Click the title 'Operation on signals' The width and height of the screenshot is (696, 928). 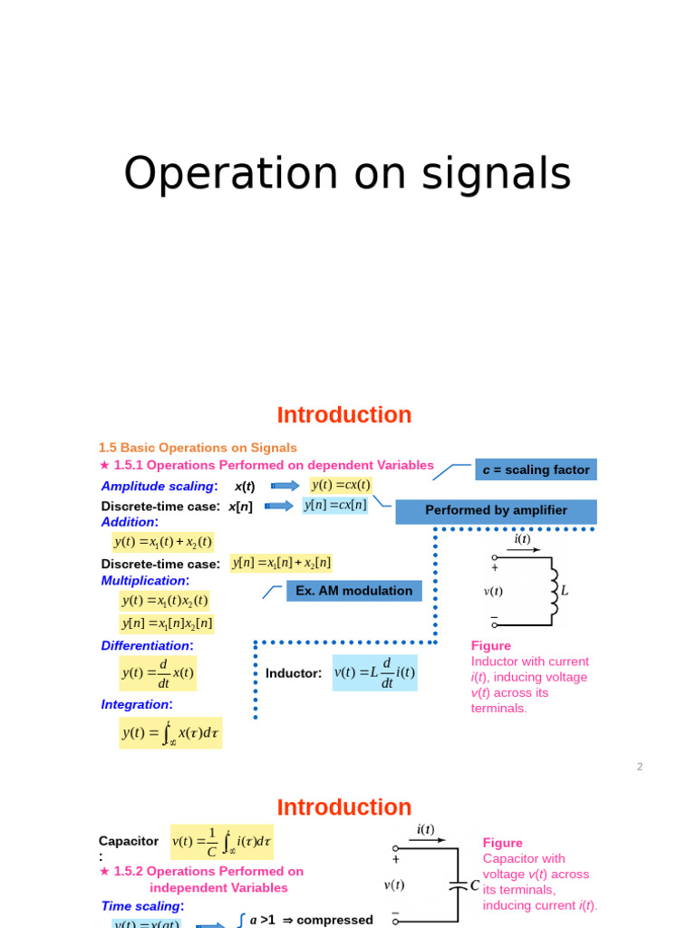click(347, 174)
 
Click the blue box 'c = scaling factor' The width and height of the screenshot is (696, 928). click(536, 469)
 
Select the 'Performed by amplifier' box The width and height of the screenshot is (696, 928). click(496, 511)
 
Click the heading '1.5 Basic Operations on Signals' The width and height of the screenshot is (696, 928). click(198, 448)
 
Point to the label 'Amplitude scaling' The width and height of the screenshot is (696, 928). click(159, 486)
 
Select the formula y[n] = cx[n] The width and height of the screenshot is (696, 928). click(335, 505)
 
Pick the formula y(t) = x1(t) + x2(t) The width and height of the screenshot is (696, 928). click(163, 542)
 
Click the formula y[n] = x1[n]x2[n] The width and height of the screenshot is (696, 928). click(167, 623)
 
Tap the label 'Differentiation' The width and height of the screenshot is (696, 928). click(147, 645)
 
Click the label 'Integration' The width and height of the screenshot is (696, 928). click(136, 704)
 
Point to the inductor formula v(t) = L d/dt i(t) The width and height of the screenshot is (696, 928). click(374, 672)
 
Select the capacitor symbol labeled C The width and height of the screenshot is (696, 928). click(458, 885)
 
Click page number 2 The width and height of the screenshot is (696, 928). click(640, 766)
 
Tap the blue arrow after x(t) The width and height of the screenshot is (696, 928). click(285, 486)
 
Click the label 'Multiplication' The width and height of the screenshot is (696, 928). click(145, 580)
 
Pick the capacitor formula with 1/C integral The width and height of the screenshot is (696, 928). click(222, 843)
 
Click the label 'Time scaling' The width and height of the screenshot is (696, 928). click(142, 905)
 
